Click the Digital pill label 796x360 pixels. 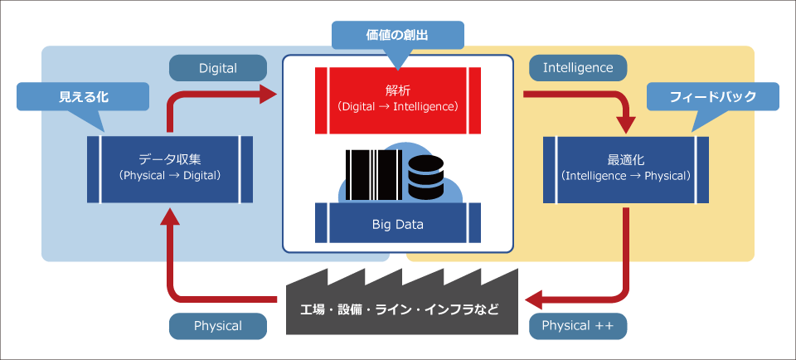pyautogui.click(x=218, y=68)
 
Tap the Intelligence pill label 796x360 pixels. pyautogui.click(x=578, y=67)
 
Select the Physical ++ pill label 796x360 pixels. pyautogui.click(x=578, y=326)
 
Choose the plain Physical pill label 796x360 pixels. pyautogui.click(x=218, y=326)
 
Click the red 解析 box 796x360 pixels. pyautogui.click(x=398, y=100)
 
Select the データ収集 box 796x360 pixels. pyautogui.click(x=169, y=169)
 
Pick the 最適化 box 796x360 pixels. pyautogui.click(x=626, y=169)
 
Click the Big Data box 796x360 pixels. pyautogui.click(x=398, y=223)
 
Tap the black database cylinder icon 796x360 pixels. pyautogui.click(x=425, y=178)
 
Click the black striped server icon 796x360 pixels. pyautogui.click(x=374, y=175)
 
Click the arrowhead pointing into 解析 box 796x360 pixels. pyautogui.click(x=269, y=94)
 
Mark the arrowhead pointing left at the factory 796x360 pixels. pyautogui.click(x=534, y=300)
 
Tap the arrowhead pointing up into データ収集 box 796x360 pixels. pyautogui.click(x=170, y=216)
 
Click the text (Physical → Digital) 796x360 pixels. pyautogui.click(x=170, y=176)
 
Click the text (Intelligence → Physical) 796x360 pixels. pyautogui.click(x=626, y=176)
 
